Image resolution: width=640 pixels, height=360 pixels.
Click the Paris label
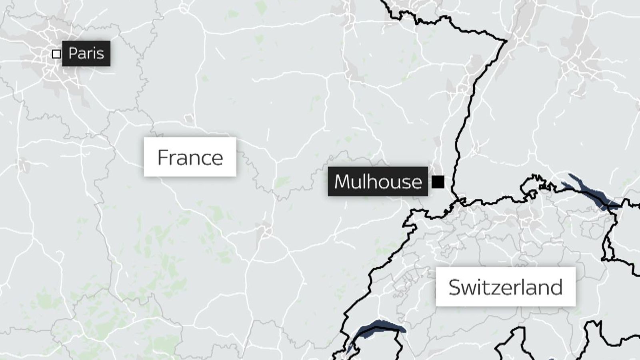(x=86, y=53)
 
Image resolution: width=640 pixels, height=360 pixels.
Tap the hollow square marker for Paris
(x=56, y=54)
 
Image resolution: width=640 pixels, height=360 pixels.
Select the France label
(x=190, y=157)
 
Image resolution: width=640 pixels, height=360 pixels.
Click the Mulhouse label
(x=378, y=182)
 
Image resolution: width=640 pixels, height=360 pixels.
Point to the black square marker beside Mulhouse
(x=438, y=182)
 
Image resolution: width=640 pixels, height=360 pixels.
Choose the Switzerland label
(x=506, y=287)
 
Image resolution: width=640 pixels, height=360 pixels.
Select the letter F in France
(x=163, y=157)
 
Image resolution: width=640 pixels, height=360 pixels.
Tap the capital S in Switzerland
(x=455, y=287)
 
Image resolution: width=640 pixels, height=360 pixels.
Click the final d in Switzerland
(x=557, y=287)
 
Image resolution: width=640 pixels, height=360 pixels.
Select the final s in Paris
(x=100, y=54)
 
